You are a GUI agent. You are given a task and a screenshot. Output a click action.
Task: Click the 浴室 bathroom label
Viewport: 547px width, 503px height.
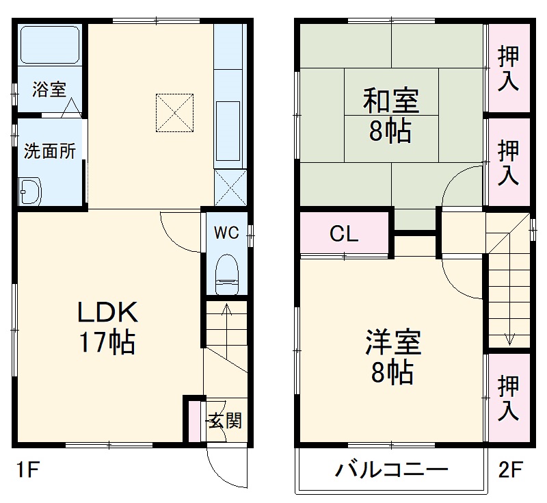click(x=49, y=89)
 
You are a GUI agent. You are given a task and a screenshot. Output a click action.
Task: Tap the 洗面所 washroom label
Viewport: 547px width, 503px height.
click(x=50, y=151)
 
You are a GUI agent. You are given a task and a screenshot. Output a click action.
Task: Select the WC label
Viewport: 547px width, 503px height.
click(x=226, y=233)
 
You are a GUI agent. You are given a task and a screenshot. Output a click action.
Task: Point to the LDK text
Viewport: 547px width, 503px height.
click(x=107, y=313)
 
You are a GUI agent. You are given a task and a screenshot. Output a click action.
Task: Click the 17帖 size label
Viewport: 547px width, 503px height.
click(x=107, y=341)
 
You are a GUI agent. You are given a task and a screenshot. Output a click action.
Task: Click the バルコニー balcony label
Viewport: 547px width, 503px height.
click(x=391, y=471)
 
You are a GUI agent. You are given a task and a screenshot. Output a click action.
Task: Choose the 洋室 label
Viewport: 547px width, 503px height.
click(x=392, y=342)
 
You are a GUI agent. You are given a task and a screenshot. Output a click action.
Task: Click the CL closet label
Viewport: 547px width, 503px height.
click(x=344, y=235)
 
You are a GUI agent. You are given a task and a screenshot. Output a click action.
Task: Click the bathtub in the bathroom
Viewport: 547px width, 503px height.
click(x=49, y=45)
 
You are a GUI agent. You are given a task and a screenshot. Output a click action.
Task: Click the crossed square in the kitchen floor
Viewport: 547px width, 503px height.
click(x=175, y=113)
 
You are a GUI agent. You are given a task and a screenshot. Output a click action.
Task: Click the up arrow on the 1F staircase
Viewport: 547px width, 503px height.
click(x=226, y=315)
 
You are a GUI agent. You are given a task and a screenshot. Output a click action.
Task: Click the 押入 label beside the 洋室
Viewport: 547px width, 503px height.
click(x=508, y=398)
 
